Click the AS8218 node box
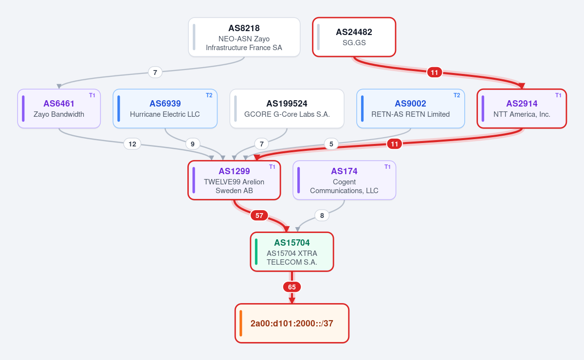pyautogui.click(x=244, y=37)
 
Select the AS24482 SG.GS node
pyautogui.click(x=354, y=37)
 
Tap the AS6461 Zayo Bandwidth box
pyautogui.click(x=59, y=108)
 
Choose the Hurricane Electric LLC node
pyautogui.click(x=165, y=108)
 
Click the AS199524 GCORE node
pyautogui.click(x=287, y=108)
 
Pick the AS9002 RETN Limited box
pyautogui.click(x=410, y=108)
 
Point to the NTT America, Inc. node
pyautogui.click(x=522, y=108)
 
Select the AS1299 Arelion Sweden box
pyautogui.click(x=234, y=180)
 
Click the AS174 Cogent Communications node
pyautogui.click(x=344, y=180)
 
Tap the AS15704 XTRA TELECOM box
pyautogui.click(x=292, y=252)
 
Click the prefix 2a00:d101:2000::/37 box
pyautogui.click(x=292, y=323)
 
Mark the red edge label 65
pyautogui.click(x=292, y=287)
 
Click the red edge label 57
pyautogui.click(x=259, y=216)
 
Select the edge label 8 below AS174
pyautogui.click(x=322, y=216)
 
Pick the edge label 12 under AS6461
pyautogui.click(x=132, y=144)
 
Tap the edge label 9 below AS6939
pyautogui.click(x=193, y=144)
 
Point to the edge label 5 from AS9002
pyautogui.click(x=331, y=144)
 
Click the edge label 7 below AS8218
pyautogui.click(x=155, y=72)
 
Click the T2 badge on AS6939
pyautogui.click(x=209, y=95)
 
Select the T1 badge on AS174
pyautogui.click(x=387, y=167)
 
